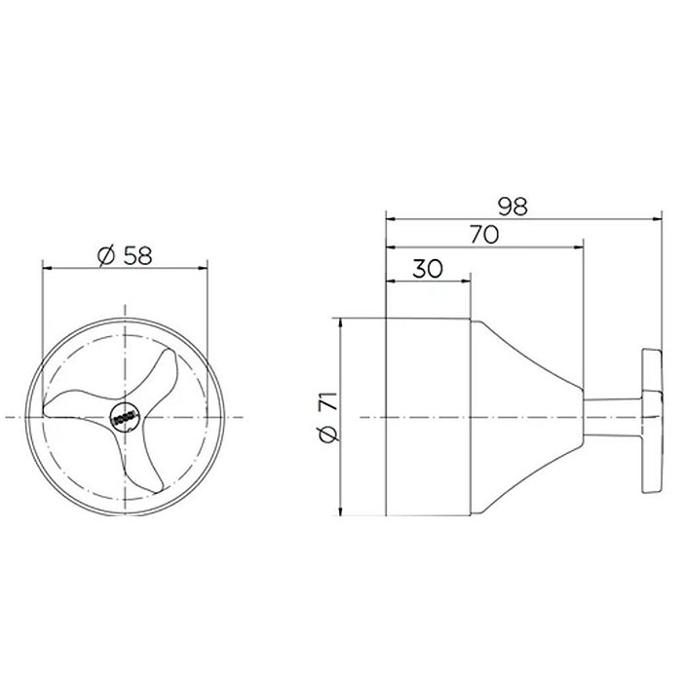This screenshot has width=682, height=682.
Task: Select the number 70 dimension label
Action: coord(483,234)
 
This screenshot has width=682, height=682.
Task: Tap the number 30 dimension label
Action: coord(429,269)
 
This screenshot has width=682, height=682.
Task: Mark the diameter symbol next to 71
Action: coord(327,436)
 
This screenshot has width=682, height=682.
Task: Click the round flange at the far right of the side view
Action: coord(647,416)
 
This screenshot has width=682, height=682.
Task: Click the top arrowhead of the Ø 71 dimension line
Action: coord(339,321)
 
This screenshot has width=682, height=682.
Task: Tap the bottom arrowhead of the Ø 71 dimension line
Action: coord(339,513)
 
